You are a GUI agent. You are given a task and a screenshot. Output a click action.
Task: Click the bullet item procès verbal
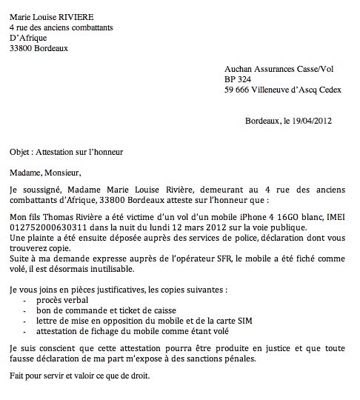point(63,301)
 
